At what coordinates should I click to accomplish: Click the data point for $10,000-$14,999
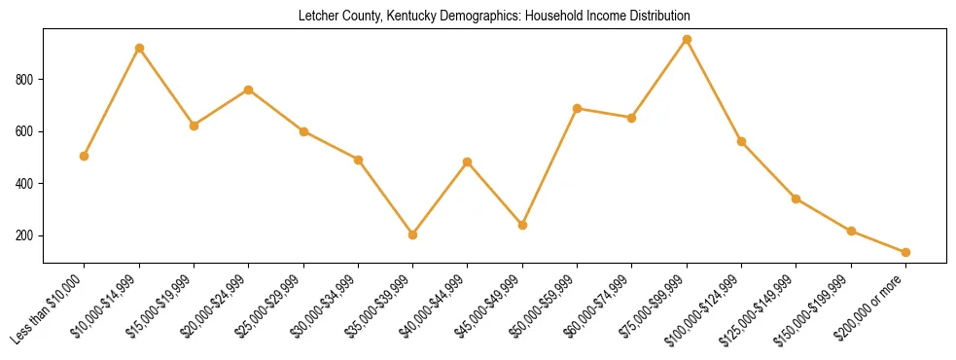[139, 48]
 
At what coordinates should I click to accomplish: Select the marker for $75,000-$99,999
[687, 40]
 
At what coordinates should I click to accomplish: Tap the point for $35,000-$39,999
[413, 234]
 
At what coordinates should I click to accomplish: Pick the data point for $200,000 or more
[905, 252]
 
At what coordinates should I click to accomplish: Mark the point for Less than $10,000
[85, 156]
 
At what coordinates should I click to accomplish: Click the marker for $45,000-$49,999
[522, 225]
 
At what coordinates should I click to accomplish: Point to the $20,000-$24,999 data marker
[249, 90]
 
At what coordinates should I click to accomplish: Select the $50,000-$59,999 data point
[578, 108]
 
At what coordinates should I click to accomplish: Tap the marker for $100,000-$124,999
[741, 141]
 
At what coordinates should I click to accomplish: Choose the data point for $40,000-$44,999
[468, 162]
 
